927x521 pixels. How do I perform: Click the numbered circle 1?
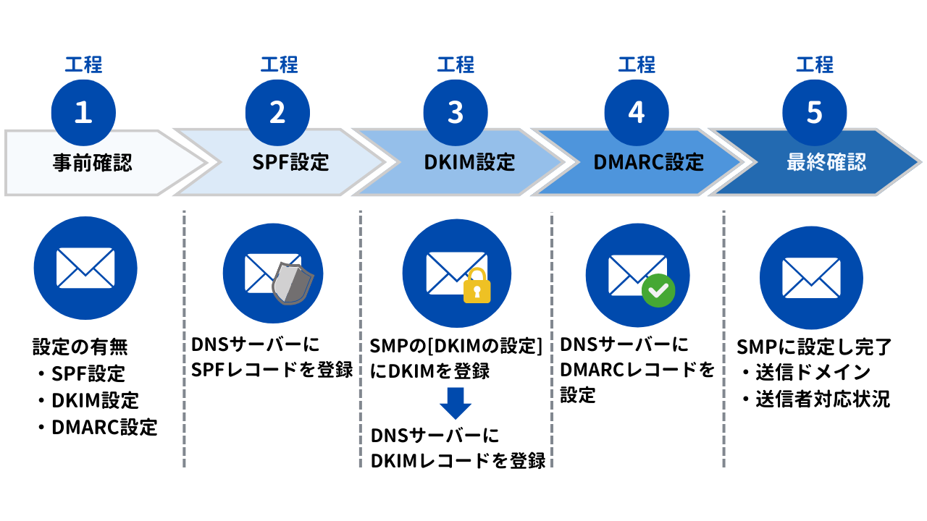(x=83, y=113)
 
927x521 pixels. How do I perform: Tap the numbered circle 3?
(x=456, y=113)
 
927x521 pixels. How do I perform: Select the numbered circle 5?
(x=815, y=113)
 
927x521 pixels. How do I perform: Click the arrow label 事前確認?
(x=92, y=163)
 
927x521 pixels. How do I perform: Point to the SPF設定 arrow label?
(x=290, y=163)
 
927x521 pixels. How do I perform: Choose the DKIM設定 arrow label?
(x=469, y=163)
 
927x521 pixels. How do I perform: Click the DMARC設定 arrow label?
(x=648, y=163)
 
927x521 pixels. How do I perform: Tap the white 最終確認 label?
(x=826, y=163)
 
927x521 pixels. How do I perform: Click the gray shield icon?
(x=292, y=284)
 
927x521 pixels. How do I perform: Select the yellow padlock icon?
(x=477, y=286)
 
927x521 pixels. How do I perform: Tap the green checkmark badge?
(x=658, y=291)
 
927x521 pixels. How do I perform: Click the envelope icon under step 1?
(x=85, y=268)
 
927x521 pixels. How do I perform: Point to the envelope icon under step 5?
(x=811, y=277)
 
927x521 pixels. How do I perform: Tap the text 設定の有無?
(x=80, y=347)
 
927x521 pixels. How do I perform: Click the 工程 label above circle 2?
(x=280, y=65)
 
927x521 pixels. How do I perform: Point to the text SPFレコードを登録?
(x=272, y=370)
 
